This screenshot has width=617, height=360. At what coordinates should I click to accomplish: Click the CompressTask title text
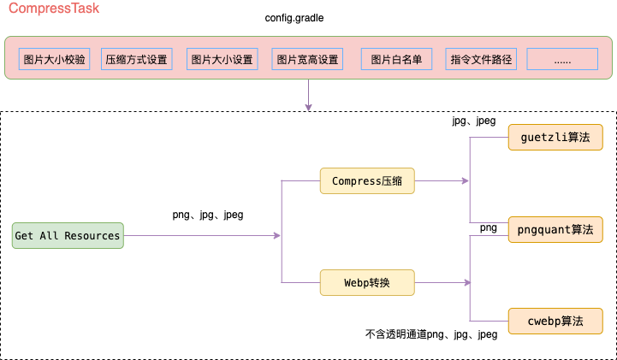point(54,9)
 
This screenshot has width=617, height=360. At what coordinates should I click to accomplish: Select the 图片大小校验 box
point(55,60)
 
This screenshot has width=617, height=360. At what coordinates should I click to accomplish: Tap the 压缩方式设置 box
point(136,60)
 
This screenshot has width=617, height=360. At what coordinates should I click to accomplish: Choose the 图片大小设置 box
point(222,60)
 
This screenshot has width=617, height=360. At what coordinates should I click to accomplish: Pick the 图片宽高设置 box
point(307,60)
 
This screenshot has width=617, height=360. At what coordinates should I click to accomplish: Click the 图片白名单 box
point(396,60)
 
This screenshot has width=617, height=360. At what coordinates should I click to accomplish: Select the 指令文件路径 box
point(481,60)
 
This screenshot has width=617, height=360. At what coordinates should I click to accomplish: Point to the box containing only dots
point(562,60)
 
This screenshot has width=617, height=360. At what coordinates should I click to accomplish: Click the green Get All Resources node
point(68,235)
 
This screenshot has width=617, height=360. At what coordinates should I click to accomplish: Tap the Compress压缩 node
point(367,180)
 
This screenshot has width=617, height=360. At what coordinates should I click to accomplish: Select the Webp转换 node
point(367,282)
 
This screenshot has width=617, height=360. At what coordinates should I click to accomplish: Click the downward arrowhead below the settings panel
point(308,107)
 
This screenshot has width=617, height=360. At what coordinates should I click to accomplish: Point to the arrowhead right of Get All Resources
point(277,235)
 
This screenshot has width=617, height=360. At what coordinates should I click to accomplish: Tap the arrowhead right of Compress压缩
point(466,180)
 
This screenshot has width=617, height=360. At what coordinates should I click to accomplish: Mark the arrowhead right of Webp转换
point(466,282)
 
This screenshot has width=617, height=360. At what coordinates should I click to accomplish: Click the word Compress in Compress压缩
point(355,180)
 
